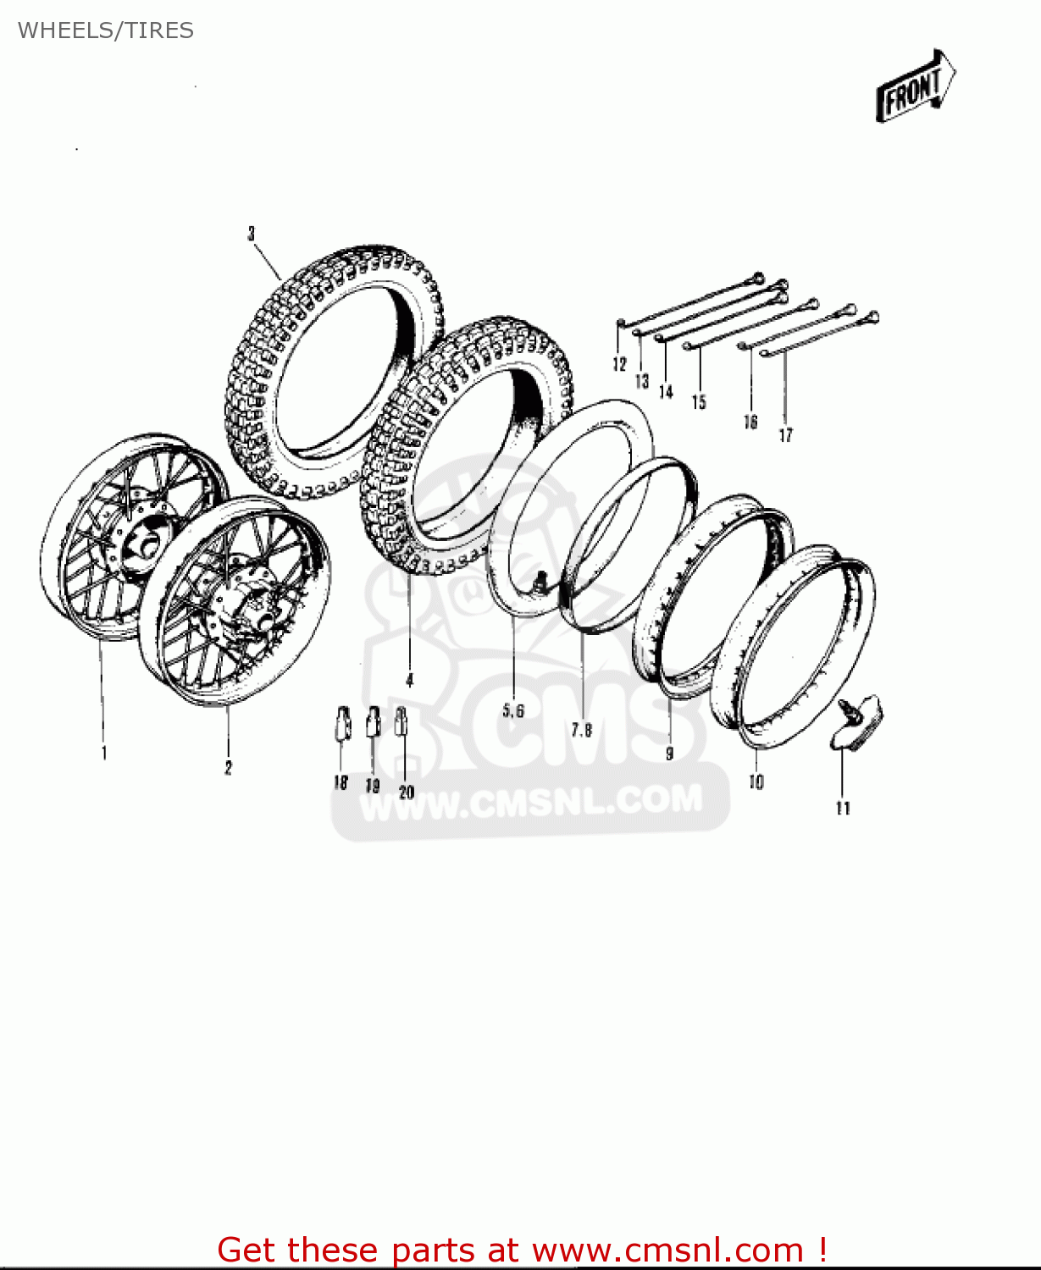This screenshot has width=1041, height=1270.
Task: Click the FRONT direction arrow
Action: coord(915,86)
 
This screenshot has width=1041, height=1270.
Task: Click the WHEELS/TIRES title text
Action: coord(106,30)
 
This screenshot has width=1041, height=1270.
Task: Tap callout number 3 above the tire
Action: coord(252,234)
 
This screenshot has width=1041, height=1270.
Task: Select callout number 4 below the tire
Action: coord(410,680)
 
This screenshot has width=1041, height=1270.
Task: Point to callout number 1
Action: coord(104,753)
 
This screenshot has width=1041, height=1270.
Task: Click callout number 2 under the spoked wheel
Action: coord(228,768)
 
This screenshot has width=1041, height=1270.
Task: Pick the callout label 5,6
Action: coord(513,710)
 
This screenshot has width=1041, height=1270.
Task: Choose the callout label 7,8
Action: coord(582,729)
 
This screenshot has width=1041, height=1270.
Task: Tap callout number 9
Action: coord(670,753)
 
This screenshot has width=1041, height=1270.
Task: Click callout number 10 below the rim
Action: coord(756,781)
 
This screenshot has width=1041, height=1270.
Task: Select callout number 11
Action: coord(843,808)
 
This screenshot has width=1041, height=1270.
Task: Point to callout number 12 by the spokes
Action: coord(619,364)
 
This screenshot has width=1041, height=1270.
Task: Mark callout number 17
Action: coord(786,434)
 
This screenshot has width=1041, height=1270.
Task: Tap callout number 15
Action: coord(699,401)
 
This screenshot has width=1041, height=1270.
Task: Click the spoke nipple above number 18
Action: coord(342,722)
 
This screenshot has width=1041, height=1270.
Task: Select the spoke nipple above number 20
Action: coord(401,721)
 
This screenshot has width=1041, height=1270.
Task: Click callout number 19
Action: coord(373,786)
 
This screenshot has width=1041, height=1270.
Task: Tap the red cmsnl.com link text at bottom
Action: coord(522,1250)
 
